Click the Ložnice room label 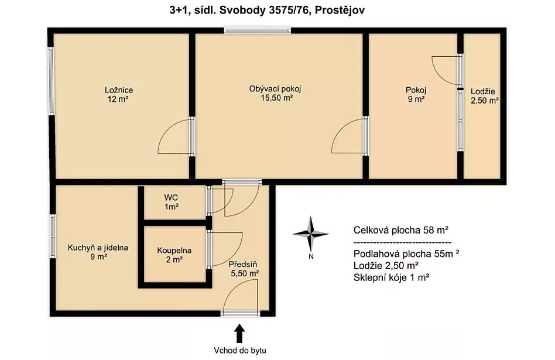click(x=119, y=90)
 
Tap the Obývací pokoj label click(x=275, y=89)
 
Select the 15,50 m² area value click(x=276, y=98)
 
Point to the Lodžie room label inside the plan click(x=483, y=91)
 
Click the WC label click(x=171, y=197)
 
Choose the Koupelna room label click(x=174, y=251)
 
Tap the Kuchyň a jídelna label click(x=98, y=248)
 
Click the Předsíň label click(x=243, y=264)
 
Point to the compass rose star click(x=311, y=234)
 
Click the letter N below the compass click(x=311, y=256)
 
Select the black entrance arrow click(x=239, y=334)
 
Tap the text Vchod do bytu click(x=239, y=351)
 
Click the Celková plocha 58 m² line click(x=401, y=231)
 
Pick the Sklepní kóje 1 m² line click(x=392, y=277)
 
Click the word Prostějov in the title click(x=340, y=11)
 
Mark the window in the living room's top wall click(x=258, y=31)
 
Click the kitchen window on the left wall click(x=52, y=236)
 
